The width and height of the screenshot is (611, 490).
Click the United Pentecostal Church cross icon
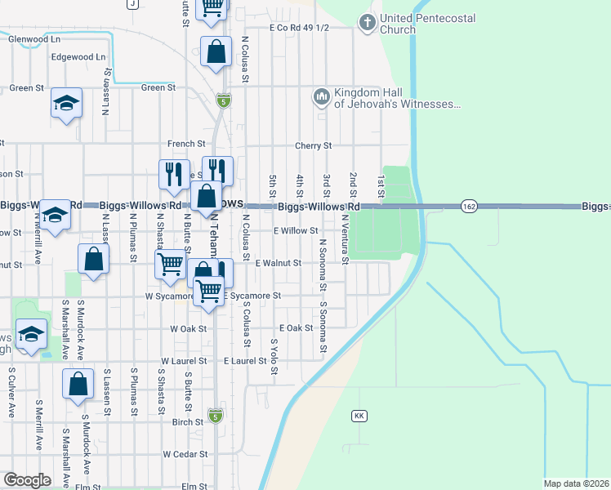pos(368,24)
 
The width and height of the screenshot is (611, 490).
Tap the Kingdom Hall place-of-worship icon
pos(320,98)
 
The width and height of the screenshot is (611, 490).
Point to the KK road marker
pos(359,416)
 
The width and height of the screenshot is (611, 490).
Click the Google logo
pos(26,479)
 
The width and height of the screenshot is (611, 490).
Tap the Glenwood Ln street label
pos(33,38)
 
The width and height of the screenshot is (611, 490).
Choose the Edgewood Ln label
pos(78,57)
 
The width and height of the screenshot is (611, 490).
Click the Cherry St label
pos(314,146)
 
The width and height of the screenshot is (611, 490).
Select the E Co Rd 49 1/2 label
pos(299,28)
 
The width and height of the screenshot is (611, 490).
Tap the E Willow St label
pos(296,231)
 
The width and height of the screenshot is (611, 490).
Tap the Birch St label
pos(188,422)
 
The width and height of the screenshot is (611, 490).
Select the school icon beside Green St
pos(67,104)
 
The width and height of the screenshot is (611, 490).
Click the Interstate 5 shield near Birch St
pos(215,416)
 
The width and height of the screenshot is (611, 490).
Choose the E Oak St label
pos(296,327)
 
